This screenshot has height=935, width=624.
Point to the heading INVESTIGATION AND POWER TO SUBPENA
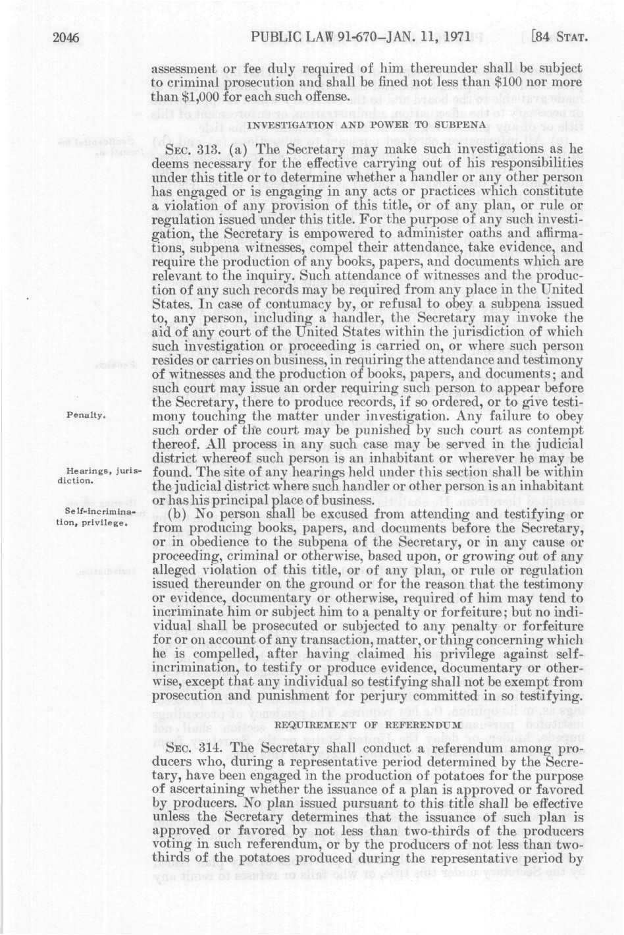pos(367,123)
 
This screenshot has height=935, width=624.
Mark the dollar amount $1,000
pos(190,97)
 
